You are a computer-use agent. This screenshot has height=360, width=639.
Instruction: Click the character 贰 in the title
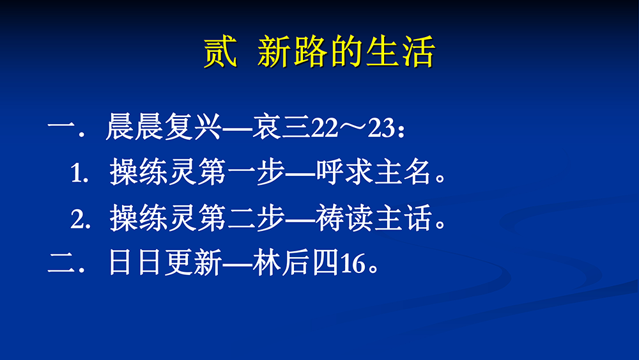220,52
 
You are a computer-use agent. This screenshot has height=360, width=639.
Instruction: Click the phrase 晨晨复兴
164,127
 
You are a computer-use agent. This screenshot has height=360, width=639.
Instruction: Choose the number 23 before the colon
381,128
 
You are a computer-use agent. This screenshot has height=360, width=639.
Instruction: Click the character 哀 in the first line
266,127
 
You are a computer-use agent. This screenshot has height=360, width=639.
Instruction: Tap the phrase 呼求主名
374,171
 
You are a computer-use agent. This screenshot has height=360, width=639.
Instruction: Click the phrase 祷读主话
374,217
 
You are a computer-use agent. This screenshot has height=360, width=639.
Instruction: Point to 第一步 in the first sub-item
241,171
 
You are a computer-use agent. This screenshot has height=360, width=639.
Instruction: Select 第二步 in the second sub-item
241,217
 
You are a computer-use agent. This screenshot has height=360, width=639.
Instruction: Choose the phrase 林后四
295,262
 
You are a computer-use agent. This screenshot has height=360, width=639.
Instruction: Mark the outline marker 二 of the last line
61,262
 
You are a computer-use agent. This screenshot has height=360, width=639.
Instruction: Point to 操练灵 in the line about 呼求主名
153,171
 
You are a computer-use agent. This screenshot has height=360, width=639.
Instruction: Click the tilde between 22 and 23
353,127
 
